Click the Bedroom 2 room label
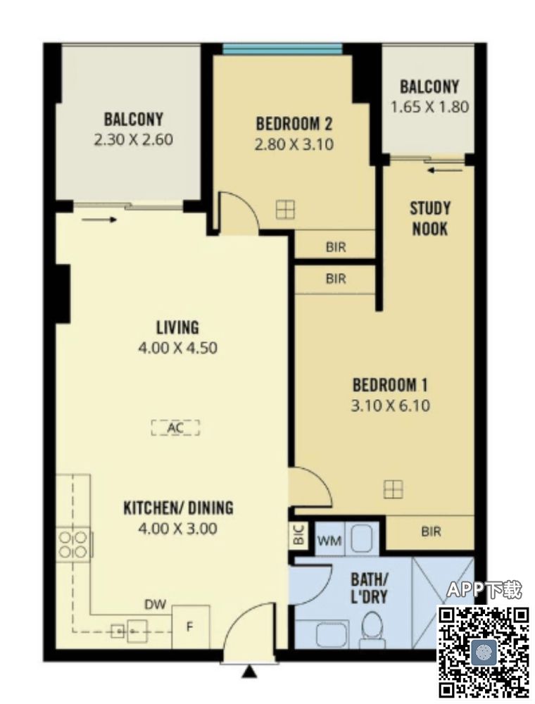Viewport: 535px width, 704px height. (294, 123)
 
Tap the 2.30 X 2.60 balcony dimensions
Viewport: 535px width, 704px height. (133, 139)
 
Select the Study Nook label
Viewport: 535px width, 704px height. (430, 219)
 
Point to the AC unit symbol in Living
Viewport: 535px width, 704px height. (175, 428)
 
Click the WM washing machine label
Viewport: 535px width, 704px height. (329, 541)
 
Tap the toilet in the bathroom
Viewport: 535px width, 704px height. (372, 628)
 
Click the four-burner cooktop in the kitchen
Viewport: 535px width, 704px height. (73, 544)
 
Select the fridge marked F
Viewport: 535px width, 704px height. (191, 627)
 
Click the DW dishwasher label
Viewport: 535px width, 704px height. (156, 604)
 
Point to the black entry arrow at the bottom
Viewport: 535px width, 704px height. (249, 672)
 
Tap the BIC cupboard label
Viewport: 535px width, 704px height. (299, 535)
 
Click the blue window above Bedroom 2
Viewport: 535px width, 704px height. (282, 48)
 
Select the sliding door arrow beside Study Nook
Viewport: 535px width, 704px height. (445, 170)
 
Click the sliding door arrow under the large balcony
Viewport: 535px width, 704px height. (100, 220)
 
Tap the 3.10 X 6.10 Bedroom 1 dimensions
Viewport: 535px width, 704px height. (391, 406)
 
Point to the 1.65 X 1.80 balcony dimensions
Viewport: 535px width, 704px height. (429, 107)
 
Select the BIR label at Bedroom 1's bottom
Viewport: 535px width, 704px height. (431, 532)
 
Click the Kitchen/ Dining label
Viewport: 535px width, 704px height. (178, 508)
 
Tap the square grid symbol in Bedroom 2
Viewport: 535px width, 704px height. (286, 209)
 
